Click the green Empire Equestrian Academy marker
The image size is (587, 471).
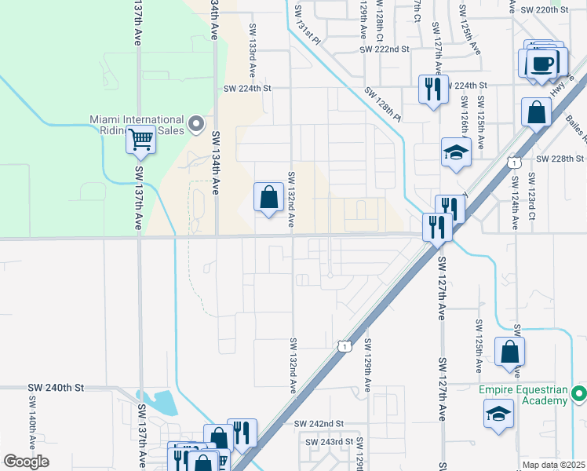click(579, 392)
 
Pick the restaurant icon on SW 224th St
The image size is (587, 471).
click(432, 89)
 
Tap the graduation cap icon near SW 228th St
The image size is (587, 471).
click(455, 152)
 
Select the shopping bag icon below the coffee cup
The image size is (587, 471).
click(537, 112)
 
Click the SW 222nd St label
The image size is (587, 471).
click(385, 49)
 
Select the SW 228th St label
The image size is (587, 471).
click(561, 159)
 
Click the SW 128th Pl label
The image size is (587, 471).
click(382, 104)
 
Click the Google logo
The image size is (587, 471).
click(26, 462)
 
